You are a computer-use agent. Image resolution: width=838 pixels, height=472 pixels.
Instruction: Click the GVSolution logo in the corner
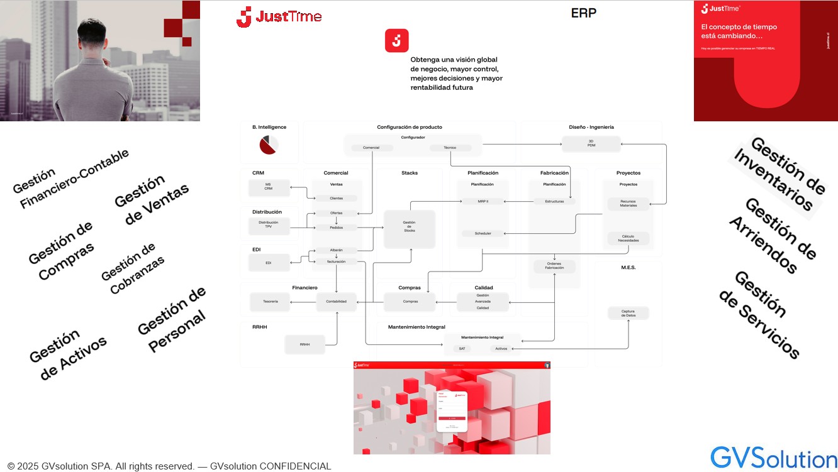pos(773,457)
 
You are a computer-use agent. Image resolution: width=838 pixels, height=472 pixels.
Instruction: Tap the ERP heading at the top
pos(583,13)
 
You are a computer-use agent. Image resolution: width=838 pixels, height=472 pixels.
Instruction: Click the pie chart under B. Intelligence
pos(269,145)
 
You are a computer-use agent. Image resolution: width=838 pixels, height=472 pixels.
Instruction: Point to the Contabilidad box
pos(336,302)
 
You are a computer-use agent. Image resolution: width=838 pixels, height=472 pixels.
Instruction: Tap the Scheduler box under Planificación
pos(483,233)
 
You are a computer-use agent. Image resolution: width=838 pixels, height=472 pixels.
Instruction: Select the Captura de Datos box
pos(628,312)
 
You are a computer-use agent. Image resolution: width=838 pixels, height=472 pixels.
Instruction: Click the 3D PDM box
pos(591,144)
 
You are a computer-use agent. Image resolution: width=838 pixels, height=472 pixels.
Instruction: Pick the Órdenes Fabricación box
pos(554,265)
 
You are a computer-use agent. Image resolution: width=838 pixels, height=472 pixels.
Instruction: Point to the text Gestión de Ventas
pos(152,200)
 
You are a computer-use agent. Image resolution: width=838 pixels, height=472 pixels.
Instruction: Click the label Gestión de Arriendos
pos(773,235)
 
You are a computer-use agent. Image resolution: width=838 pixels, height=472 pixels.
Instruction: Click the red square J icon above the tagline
pos(396,41)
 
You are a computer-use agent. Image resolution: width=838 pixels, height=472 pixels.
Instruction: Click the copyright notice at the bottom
pos(169,466)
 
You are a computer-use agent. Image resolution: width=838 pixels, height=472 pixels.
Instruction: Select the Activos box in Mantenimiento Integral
pos(501,348)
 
